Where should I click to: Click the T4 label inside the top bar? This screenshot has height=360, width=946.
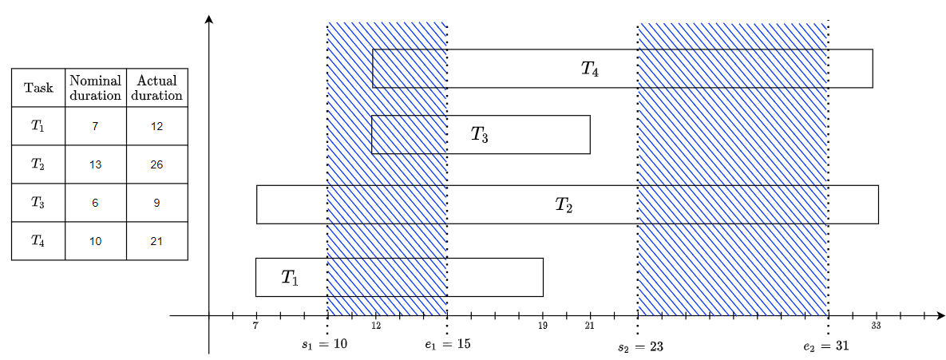point(590,69)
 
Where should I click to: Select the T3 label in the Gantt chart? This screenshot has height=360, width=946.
point(479,135)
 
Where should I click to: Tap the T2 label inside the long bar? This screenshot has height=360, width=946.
point(564,205)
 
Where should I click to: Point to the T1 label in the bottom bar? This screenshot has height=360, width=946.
point(290,278)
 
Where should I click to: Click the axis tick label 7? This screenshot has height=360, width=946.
point(255,326)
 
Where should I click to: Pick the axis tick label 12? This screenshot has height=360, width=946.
point(376,326)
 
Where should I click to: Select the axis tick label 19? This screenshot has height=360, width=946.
point(543,326)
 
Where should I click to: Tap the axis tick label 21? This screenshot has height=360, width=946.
point(590,326)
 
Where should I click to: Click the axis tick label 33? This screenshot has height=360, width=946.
point(876,326)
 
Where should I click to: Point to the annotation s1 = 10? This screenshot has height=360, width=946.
point(324,345)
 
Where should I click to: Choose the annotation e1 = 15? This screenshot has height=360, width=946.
point(448,345)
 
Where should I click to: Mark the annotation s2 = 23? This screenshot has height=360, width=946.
point(641,347)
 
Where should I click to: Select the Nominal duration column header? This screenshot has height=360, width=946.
point(96,88)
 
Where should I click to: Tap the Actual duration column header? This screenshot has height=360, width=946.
point(157,88)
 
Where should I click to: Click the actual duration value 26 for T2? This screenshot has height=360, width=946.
point(156,164)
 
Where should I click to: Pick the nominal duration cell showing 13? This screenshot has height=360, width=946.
point(96,164)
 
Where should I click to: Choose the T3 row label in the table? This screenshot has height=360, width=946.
point(38,203)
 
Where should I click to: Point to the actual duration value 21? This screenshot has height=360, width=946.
point(156,241)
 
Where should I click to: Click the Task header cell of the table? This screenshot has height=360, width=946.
point(38,88)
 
